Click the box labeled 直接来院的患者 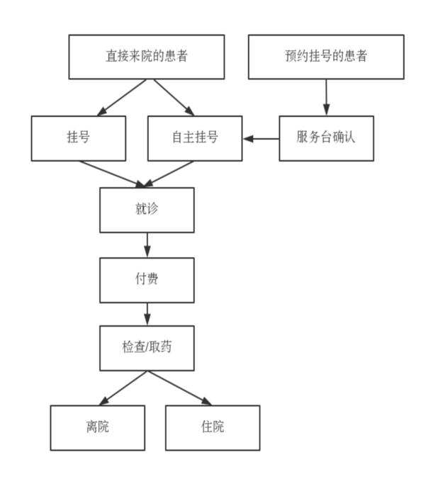[147, 57]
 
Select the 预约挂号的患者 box [326, 57]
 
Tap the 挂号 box [79, 138]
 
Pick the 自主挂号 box [195, 138]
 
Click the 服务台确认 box [326, 138]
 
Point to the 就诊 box [147, 210]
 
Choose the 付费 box [147, 279]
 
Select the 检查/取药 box [147, 348]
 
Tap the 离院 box [97, 427]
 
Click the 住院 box [213, 427]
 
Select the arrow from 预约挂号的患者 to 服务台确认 [326, 97]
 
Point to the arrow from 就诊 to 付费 [147, 244]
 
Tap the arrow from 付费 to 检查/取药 [147, 314]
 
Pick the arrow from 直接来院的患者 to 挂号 [122, 97]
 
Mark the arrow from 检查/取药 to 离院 [122, 388]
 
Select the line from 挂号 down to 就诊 [110, 174]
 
